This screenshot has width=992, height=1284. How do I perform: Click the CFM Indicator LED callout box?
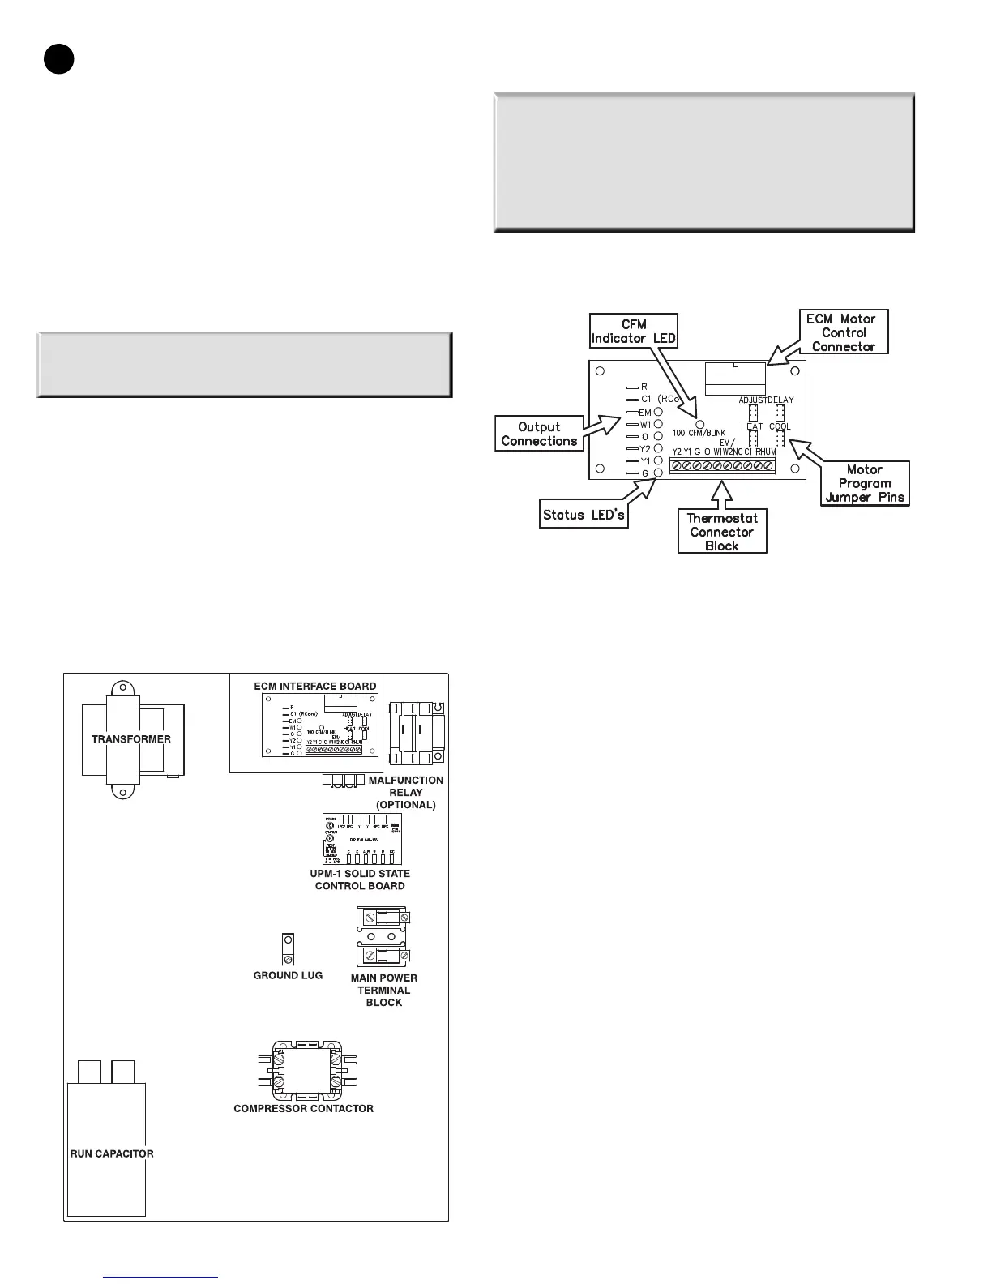[x=633, y=331]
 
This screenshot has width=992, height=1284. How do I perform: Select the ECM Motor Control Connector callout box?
[x=844, y=332]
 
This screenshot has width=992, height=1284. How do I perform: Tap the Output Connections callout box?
[x=539, y=434]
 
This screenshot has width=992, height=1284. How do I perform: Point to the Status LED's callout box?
[x=585, y=515]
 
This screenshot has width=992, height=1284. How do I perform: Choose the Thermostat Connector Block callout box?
[x=721, y=532]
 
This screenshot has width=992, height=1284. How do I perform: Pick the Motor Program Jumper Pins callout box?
[x=865, y=483]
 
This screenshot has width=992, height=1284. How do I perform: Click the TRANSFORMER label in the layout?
[x=130, y=739]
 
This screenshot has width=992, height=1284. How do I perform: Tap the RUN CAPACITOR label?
[x=112, y=1153]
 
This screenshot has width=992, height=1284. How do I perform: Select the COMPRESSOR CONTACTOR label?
[x=303, y=1108]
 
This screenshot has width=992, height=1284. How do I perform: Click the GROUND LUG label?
[x=288, y=975]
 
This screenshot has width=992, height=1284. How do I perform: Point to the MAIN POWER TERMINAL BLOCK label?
[x=383, y=990]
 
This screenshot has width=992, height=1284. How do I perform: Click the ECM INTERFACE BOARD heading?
[x=314, y=686]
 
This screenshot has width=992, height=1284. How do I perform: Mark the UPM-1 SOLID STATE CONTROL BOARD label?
[x=359, y=880]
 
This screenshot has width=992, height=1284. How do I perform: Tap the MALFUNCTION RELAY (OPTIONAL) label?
[x=405, y=792]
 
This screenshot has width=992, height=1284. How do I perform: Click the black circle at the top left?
[x=58, y=59]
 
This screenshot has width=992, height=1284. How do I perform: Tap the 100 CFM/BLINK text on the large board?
[x=699, y=433]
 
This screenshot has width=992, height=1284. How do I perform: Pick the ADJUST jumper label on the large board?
[x=752, y=400]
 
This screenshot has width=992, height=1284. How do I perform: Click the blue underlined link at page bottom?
[x=161, y=1277]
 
